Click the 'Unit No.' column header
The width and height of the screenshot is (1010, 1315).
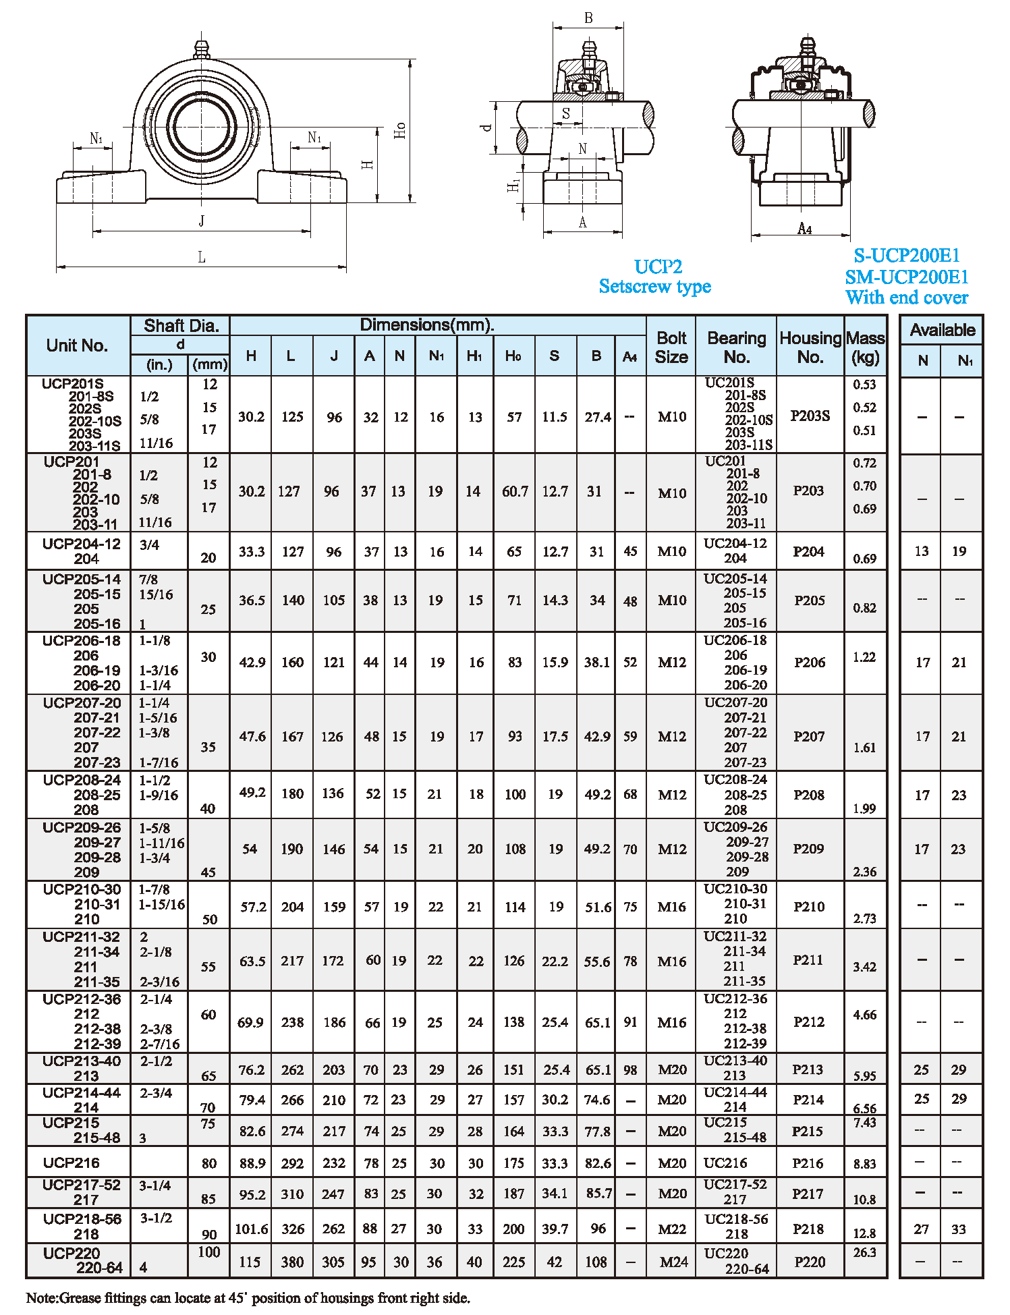pyautogui.click(x=77, y=345)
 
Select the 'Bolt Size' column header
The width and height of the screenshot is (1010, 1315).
pyautogui.click(x=671, y=347)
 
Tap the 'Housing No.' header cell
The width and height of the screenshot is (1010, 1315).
pyautogui.click(x=810, y=347)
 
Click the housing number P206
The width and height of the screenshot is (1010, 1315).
pyautogui.click(x=810, y=663)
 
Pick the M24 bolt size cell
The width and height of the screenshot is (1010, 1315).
pyautogui.click(x=673, y=1262)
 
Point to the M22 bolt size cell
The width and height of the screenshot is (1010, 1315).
pyautogui.click(x=672, y=1229)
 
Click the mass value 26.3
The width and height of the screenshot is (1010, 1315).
pyautogui.click(x=864, y=1252)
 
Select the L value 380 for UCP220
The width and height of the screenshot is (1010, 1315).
pyautogui.click(x=293, y=1262)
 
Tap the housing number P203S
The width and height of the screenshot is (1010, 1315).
pyautogui.click(x=810, y=416)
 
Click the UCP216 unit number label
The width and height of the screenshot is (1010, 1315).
pyautogui.click(x=71, y=1163)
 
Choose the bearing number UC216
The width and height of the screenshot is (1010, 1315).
pyautogui.click(x=725, y=1163)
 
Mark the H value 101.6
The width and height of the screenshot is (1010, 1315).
pyautogui.click(x=251, y=1229)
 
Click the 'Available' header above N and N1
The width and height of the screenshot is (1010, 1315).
pyautogui.click(x=942, y=330)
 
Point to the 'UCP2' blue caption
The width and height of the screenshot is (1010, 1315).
pyautogui.click(x=658, y=267)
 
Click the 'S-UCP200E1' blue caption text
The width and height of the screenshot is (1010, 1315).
pyautogui.click(x=906, y=256)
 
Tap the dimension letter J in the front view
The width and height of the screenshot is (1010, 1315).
pyautogui.click(x=201, y=221)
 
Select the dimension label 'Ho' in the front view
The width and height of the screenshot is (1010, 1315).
pyautogui.click(x=400, y=130)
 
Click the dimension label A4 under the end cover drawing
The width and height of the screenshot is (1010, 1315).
pyautogui.click(x=804, y=229)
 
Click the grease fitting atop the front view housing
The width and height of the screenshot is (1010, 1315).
pyautogui.click(x=201, y=49)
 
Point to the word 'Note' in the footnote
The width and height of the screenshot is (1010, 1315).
pyautogui.click(x=42, y=1297)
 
